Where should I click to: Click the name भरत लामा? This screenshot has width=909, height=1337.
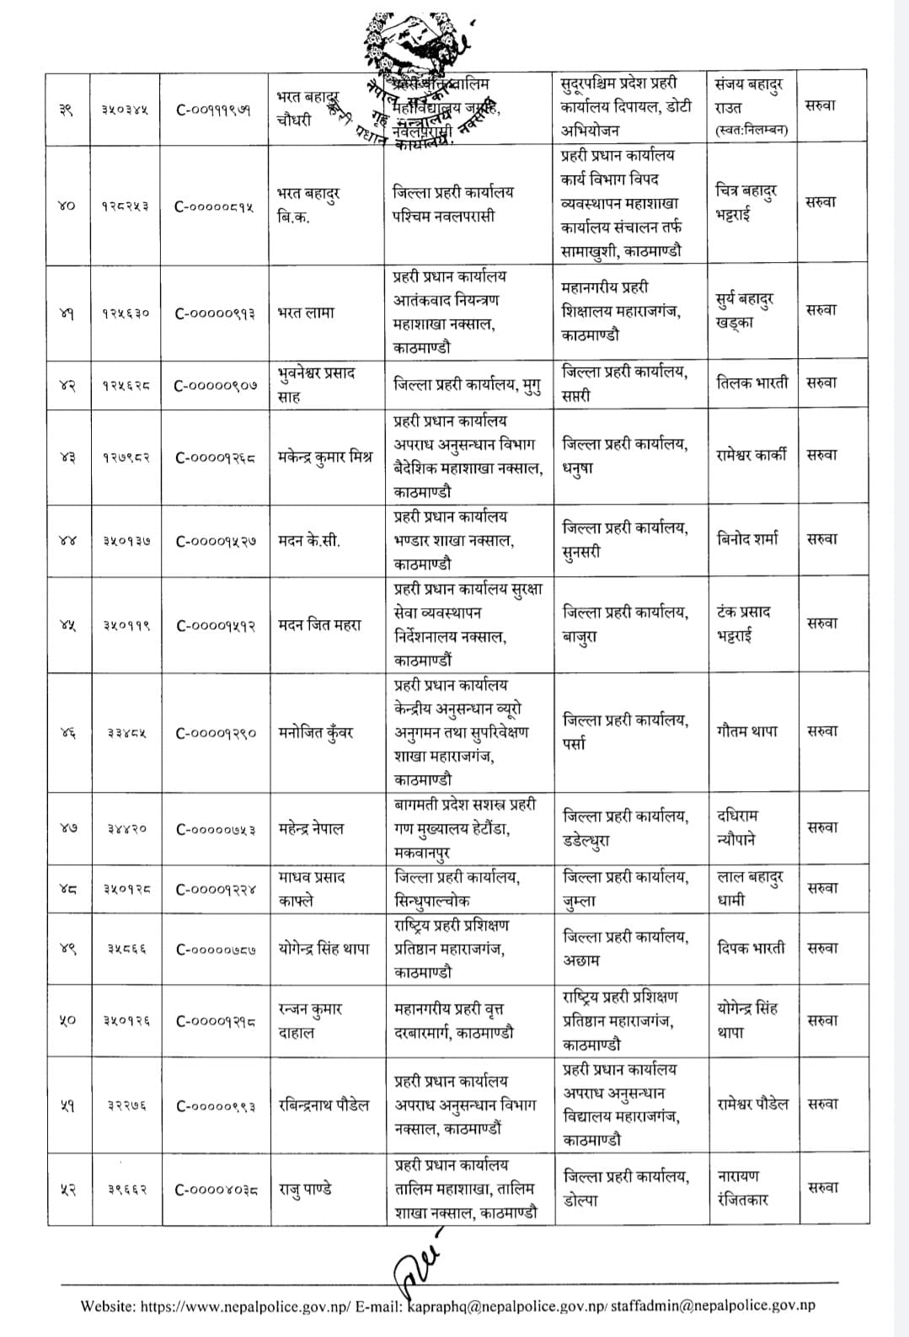(x=306, y=313)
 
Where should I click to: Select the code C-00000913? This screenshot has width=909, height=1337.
(x=215, y=313)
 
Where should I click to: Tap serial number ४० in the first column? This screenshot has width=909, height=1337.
(x=67, y=206)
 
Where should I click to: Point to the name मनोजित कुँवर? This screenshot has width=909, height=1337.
(x=316, y=732)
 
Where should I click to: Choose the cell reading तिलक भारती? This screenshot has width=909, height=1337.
(x=751, y=382)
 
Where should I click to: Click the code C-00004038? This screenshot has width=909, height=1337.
(x=216, y=1190)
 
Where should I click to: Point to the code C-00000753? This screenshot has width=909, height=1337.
(x=216, y=829)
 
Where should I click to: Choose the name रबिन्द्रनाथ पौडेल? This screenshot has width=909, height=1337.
(x=323, y=1105)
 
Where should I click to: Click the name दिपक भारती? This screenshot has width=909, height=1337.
(x=751, y=948)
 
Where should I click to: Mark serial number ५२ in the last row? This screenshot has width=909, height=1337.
(x=67, y=1190)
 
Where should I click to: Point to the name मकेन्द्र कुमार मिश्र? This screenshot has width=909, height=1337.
(x=324, y=457)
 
